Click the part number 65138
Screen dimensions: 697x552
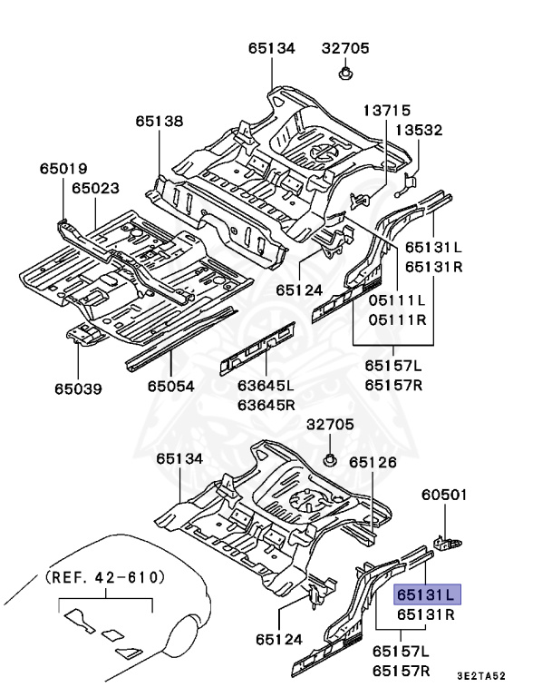[160, 120]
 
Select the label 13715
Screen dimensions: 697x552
[387, 110]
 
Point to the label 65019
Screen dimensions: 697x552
[63, 168]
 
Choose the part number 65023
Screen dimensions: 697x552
[95, 188]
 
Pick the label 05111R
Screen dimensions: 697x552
[396, 319]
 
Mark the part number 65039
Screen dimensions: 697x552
[77, 389]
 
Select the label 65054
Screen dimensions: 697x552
[171, 387]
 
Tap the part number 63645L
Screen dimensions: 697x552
[267, 385]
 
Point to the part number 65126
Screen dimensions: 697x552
[373, 462]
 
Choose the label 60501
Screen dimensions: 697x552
[444, 495]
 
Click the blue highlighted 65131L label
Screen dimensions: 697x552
[427, 595]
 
